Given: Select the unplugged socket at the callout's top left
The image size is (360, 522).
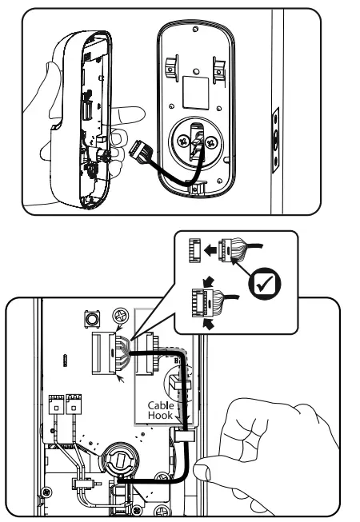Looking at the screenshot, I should [194, 249].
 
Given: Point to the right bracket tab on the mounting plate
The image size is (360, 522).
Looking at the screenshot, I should [218, 63].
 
